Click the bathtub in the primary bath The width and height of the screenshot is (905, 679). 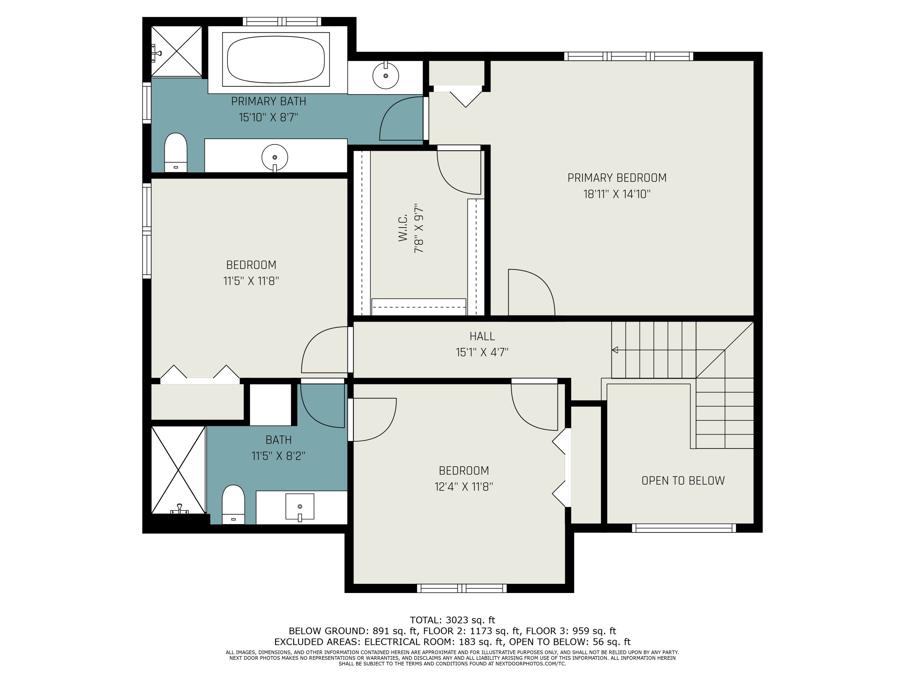pyautogui.click(x=276, y=59)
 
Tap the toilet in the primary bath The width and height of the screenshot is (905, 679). pyautogui.click(x=176, y=152)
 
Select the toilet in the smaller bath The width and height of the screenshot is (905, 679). pyautogui.click(x=233, y=505)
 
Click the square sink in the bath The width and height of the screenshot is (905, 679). pyautogui.click(x=300, y=507)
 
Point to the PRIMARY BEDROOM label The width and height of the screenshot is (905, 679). pyautogui.click(x=617, y=178)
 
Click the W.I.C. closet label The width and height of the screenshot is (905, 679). pyautogui.click(x=403, y=228)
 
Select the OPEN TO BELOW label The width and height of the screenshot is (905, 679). pyautogui.click(x=683, y=480)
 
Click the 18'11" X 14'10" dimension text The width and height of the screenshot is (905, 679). pyautogui.click(x=617, y=194)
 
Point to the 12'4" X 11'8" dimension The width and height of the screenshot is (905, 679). pyautogui.click(x=464, y=487)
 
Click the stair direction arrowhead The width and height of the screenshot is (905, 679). pyautogui.click(x=614, y=350)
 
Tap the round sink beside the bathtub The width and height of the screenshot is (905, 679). pyautogui.click(x=386, y=76)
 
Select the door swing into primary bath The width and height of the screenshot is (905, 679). pyautogui.click(x=401, y=118)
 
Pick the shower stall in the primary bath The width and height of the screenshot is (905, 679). pyautogui.click(x=176, y=51)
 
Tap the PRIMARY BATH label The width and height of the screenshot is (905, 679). pyautogui.click(x=268, y=101)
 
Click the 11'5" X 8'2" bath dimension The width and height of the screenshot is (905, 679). pyautogui.click(x=278, y=456)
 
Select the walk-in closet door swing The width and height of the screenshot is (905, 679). pyautogui.click(x=459, y=172)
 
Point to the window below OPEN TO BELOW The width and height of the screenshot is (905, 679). pyautogui.click(x=684, y=528)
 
